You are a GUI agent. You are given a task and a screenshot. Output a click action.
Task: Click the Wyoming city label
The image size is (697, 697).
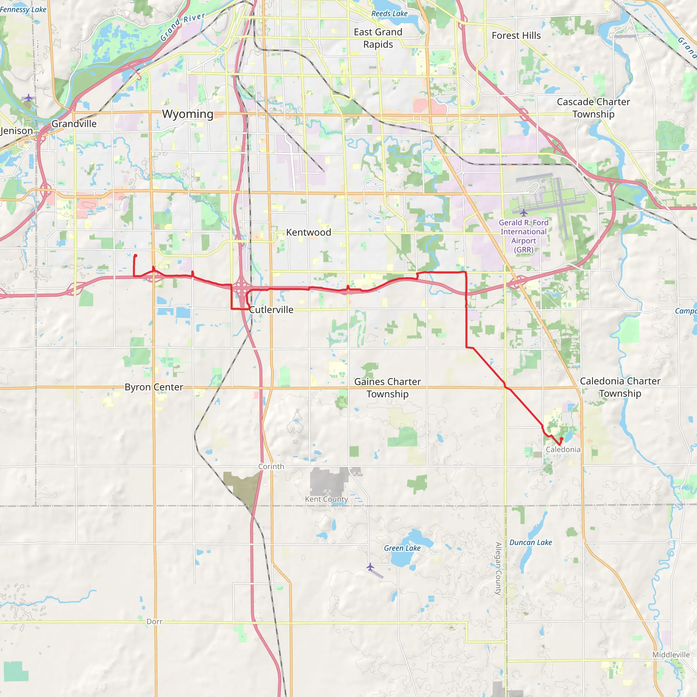[188, 114]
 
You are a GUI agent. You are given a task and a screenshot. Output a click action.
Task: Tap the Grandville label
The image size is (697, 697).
[74, 124]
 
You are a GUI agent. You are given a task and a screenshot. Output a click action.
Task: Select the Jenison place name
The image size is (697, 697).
[17, 131]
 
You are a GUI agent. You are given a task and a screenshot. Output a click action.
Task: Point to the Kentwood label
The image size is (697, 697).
[308, 232]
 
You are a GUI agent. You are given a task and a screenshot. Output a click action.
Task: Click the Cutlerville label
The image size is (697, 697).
[271, 310]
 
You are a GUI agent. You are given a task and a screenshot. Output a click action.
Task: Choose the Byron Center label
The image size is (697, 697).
[154, 387]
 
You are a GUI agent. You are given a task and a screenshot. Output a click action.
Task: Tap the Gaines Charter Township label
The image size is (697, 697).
[387, 388]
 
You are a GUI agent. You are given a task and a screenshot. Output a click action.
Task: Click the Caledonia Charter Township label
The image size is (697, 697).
[620, 387]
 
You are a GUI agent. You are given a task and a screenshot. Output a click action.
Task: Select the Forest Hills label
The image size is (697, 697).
[516, 36]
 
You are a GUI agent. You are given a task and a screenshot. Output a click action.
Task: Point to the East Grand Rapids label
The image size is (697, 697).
[378, 38]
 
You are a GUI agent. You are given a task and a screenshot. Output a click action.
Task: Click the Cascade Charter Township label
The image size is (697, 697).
[594, 108]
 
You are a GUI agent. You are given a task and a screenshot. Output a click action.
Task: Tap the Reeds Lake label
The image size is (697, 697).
[389, 14]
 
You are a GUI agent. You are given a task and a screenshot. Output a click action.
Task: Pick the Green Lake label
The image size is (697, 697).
[402, 548]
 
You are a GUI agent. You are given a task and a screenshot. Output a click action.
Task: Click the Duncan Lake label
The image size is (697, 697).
[531, 542]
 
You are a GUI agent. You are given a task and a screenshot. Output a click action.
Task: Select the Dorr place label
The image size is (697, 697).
[155, 621]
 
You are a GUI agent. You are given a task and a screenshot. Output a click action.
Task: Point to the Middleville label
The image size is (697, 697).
[671, 655]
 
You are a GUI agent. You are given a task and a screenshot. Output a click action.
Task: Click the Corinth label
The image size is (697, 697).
[271, 467]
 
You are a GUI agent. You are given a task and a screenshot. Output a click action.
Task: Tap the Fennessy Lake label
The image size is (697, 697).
[23, 10]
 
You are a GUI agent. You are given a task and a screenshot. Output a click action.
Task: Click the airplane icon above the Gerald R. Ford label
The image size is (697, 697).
[523, 213]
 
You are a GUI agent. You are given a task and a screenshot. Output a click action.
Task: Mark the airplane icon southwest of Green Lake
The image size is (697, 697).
[370, 567]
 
